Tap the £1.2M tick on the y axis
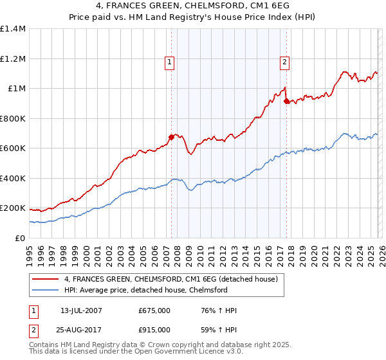13,59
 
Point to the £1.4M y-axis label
13,29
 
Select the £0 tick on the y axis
21,238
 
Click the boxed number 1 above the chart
169,62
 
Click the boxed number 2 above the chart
284,62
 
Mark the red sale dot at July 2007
171,136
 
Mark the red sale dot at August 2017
286,100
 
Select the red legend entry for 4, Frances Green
170,279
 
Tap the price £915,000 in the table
154,329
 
